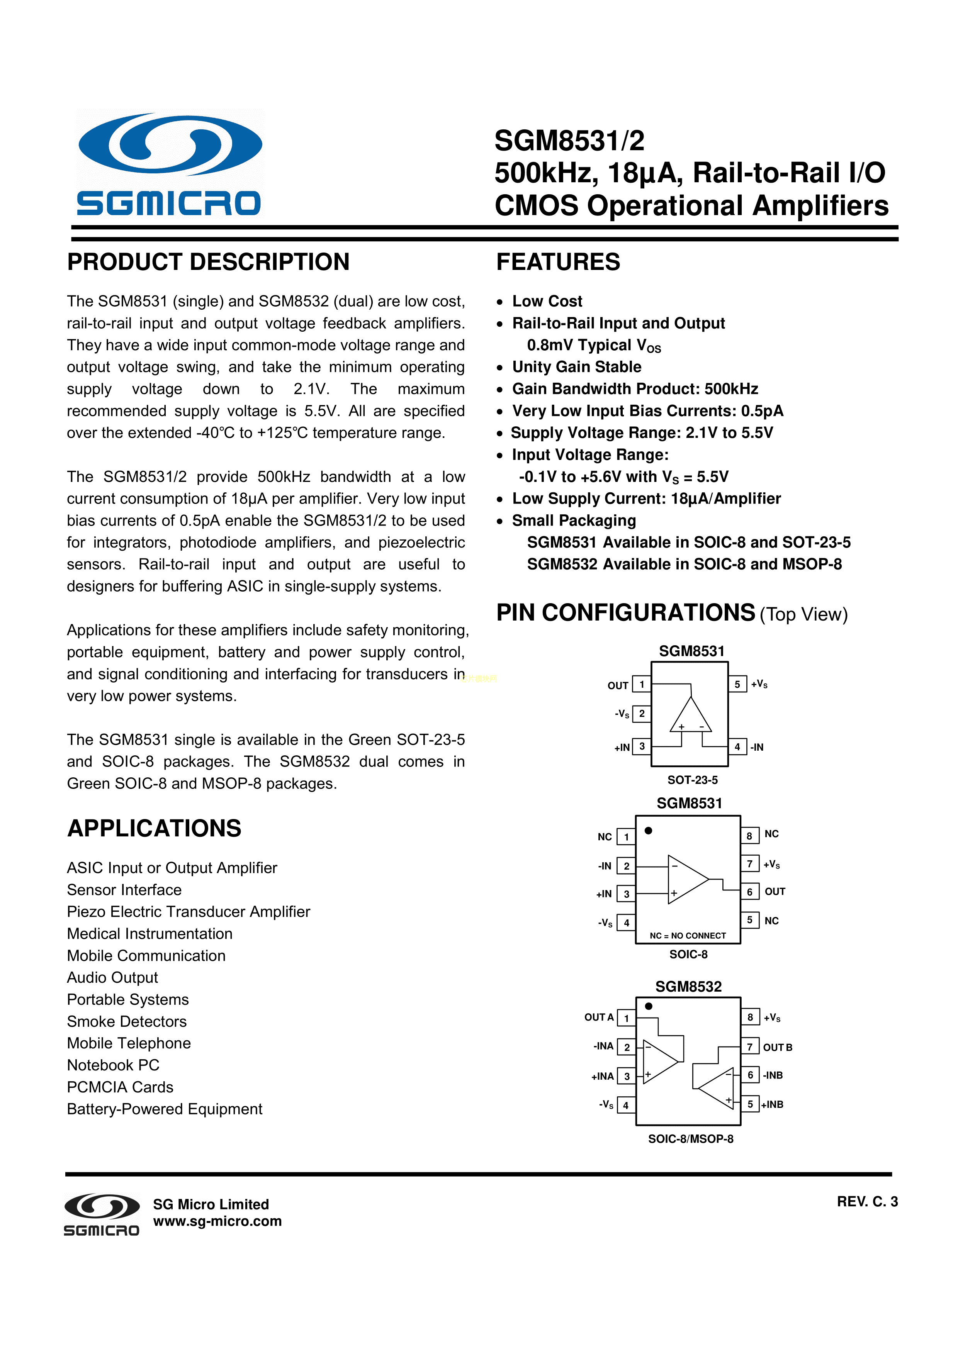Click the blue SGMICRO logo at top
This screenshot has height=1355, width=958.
pos(170,164)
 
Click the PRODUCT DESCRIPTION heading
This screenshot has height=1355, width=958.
pos(208,262)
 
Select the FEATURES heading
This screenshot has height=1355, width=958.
pos(558,262)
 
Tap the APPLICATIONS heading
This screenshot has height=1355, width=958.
pos(154,828)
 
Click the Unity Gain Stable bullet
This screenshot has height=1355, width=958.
pos(576,367)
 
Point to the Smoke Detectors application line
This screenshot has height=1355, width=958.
pos(126,1022)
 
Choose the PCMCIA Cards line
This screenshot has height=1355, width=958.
pos(120,1087)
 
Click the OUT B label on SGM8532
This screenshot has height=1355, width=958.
pos(777,1048)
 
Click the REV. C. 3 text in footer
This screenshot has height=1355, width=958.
pos(866,1202)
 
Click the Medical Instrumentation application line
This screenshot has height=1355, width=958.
pos(149,934)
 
